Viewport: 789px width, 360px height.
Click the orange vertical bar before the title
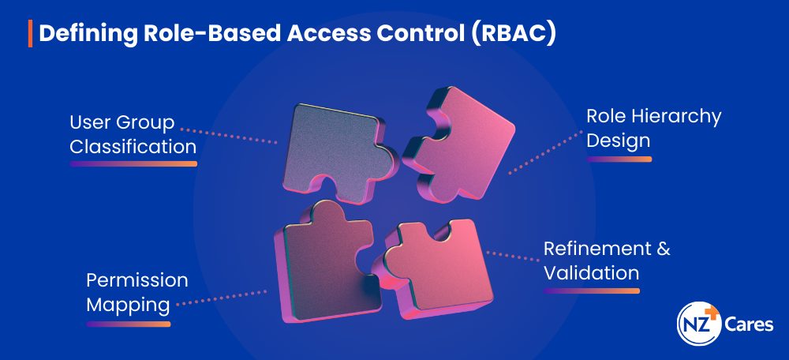coord(30,34)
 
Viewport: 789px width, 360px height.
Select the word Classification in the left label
coord(133,147)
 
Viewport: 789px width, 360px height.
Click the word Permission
coord(137,280)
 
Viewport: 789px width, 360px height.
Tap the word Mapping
coord(128,306)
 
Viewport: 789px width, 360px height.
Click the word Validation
coord(591,273)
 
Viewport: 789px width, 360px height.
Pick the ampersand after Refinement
coord(664,249)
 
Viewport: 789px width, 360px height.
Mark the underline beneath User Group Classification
coord(133,163)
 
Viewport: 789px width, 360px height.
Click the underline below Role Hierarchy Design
coord(619,159)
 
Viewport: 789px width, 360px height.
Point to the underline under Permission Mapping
coord(129,324)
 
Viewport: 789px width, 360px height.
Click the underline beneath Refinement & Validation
coord(592,291)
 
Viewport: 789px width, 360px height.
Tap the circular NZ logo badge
coord(699,323)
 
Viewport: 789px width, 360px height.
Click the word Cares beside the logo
coord(749,324)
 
